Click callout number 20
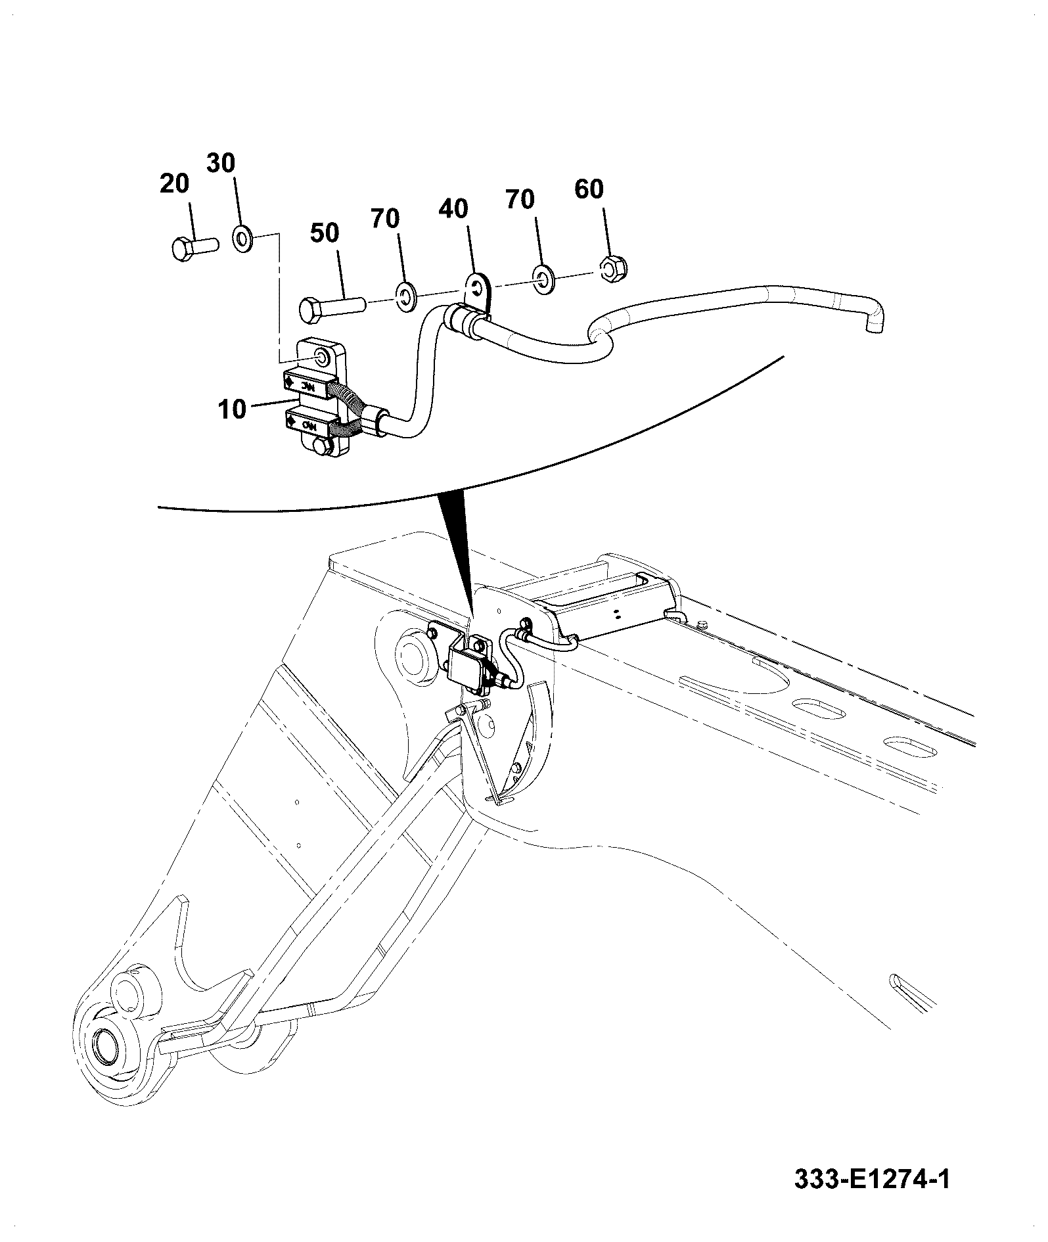pyautogui.click(x=174, y=184)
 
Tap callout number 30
pyautogui.click(x=221, y=162)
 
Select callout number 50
pyautogui.click(x=325, y=233)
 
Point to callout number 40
pyautogui.click(x=453, y=209)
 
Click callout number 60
pyautogui.click(x=589, y=189)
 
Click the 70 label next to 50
pyautogui.click(x=385, y=219)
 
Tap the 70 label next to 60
pyautogui.click(x=520, y=199)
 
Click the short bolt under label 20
pyautogui.click(x=194, y=248)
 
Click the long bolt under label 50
pyautogui.click(x=332, y=307)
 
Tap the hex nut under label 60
pyautogui.click(x=614, y=267)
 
